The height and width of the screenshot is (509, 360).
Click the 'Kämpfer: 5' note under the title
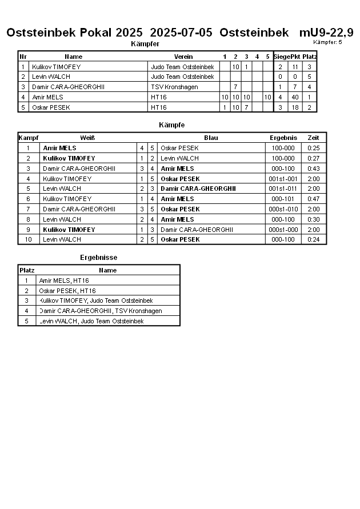[x=327, y=42]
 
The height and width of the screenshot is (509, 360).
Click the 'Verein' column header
[x=183, y=57]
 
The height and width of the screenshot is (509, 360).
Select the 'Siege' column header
[x=281, y=57]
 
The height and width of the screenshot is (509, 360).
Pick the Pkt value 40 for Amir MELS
[x=295, y=97]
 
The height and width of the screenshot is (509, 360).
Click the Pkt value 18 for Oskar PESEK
[x=295, y=107]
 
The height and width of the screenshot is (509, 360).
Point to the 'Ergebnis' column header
[x=283, y=138]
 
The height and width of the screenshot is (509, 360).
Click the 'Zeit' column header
[x=313, y=138]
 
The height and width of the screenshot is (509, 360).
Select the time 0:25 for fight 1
[x=313, y=148]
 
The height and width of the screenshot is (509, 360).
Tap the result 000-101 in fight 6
[x=283, y=199]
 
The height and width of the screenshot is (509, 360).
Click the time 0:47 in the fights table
[x=313, y=199]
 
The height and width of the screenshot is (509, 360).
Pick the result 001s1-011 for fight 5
[x=283, y=189]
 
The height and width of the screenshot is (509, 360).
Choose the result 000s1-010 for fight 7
[x=283, y=209]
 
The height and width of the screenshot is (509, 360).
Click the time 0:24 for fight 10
[x=313, y=240]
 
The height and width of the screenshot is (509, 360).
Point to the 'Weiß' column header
[x=87, y=138]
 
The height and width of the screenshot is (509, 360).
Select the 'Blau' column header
[x=211, y=138]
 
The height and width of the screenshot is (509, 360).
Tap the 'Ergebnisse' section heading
[x=98, y=258]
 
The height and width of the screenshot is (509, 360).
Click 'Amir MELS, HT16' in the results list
[x=64, y=280]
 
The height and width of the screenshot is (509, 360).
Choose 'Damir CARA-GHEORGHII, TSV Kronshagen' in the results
[x=101, y=311]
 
